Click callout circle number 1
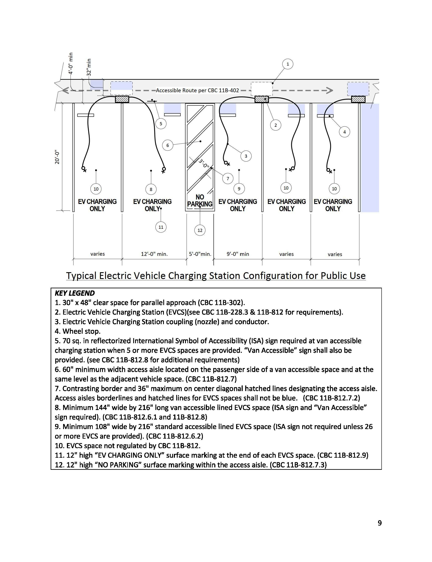[x=288, y=64]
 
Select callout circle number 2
[x=276, y=125]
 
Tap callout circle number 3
[x=246, y=156]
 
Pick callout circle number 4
[x=344, y=132]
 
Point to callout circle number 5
[x=161, y=124]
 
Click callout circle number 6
[x=168, y=145]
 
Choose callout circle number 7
[x=228, y=179]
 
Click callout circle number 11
[x=161, y=227]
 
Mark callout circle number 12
[x=200, y=230]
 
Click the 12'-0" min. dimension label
[x=154, y=254]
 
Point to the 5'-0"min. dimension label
[x=200, y=254]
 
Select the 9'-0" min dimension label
[x=238, y=254]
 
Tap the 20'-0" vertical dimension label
[x=57, y=158]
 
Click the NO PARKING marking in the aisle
[x=200, y=201]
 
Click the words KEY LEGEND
[x=75, y=293]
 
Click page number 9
[x=379, y=523]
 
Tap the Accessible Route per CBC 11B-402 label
[x=197, y=90]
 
